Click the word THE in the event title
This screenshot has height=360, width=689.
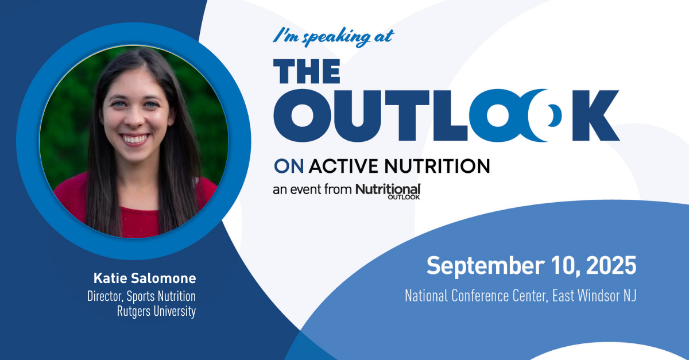tap(307, 71)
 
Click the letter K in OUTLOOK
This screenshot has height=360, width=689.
tap(596, 115)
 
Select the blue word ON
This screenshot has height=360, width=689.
tap(289, 166)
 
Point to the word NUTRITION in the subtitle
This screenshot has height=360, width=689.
tap(437, 166)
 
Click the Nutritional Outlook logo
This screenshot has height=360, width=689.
tap(388, 191)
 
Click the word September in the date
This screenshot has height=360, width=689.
tap(485, 265)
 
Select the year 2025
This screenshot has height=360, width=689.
tap(611, 265)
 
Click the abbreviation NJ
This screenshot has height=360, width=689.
tap(630, 296)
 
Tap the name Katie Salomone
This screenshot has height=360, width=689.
tap(145, 278)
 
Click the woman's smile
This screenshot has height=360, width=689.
tap(134, 139)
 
